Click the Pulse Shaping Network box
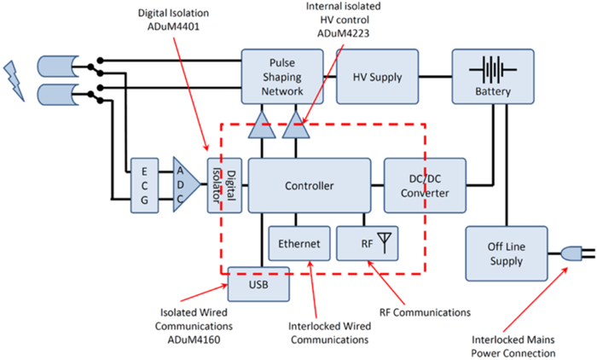(x=282, y=77)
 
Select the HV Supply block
(x=377, y=77)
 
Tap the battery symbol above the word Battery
(x=493, y=70)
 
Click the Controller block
(x=309, y=185)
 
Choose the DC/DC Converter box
(x=425, y=185)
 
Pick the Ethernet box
(x=299, y=243)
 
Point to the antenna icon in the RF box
(x=385, y=242)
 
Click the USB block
(x=258, y=284)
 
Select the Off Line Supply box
(x=507, y=253)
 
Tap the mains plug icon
(x=577, y=253)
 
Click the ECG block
(x=144, y=185)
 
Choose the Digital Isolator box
(x=224, y=185)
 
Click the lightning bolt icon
(x=14, y=81)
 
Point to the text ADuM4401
(x=173, y=26)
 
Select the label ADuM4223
(x=343, y=33)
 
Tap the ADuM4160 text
(x=194, y=340)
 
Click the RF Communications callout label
(x=425, y=312)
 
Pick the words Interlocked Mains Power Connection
(x=513, y=345)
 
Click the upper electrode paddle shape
(x=58, y=67)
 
